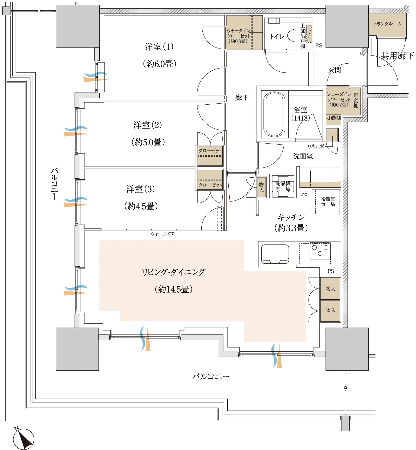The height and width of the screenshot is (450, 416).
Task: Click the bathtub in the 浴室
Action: pos(274,114)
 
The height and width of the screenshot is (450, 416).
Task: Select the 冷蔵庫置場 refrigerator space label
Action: pos(328,202)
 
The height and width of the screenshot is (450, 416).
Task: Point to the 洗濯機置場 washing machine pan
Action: pos(283,186)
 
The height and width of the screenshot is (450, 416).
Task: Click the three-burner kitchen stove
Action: pos(320,251)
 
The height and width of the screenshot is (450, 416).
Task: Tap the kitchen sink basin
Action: pos(275,254)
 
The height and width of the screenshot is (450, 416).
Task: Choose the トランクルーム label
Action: pos(387,24)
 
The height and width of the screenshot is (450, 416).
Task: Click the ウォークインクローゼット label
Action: pos(238,36)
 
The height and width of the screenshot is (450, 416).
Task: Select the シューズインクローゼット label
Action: pos(339,99)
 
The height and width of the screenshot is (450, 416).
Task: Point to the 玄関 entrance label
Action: pos(334,70)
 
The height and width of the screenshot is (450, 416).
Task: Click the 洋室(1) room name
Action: pos(159,47)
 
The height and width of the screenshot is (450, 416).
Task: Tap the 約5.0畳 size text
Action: pos(148,142)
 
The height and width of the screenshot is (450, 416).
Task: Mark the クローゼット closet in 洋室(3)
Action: pos(210,179)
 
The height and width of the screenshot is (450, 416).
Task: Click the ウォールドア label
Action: pos(162,234)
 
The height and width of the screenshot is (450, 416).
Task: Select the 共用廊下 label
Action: pos(397,56)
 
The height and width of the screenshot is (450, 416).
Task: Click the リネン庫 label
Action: pos(316,146)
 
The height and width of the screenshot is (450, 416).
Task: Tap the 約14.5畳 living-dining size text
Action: pos(174,289)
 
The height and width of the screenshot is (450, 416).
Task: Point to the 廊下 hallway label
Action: pos(242,97)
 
